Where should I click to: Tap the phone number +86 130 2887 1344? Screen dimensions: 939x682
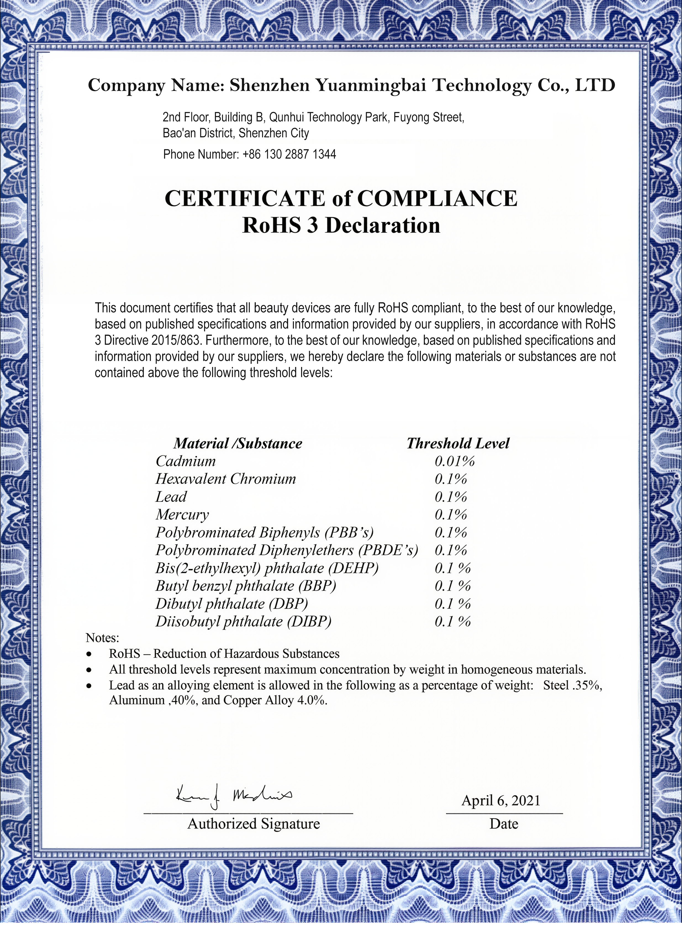[x=289, y=154]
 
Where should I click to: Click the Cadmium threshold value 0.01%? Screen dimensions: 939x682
[x=454, y=461]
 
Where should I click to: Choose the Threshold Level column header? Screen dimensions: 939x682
[x=458, y=444]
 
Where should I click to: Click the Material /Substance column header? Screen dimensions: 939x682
[x=238, y=444]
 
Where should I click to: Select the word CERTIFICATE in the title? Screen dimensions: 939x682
[x=245, y=198]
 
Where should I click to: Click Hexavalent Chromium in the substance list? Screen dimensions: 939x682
[x=226, y=479]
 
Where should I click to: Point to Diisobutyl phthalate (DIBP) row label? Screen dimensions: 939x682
[x=244, y=621]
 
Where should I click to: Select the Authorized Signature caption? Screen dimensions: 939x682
[x=254, y=824]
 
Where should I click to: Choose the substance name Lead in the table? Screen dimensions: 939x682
[x=171, y=497]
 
